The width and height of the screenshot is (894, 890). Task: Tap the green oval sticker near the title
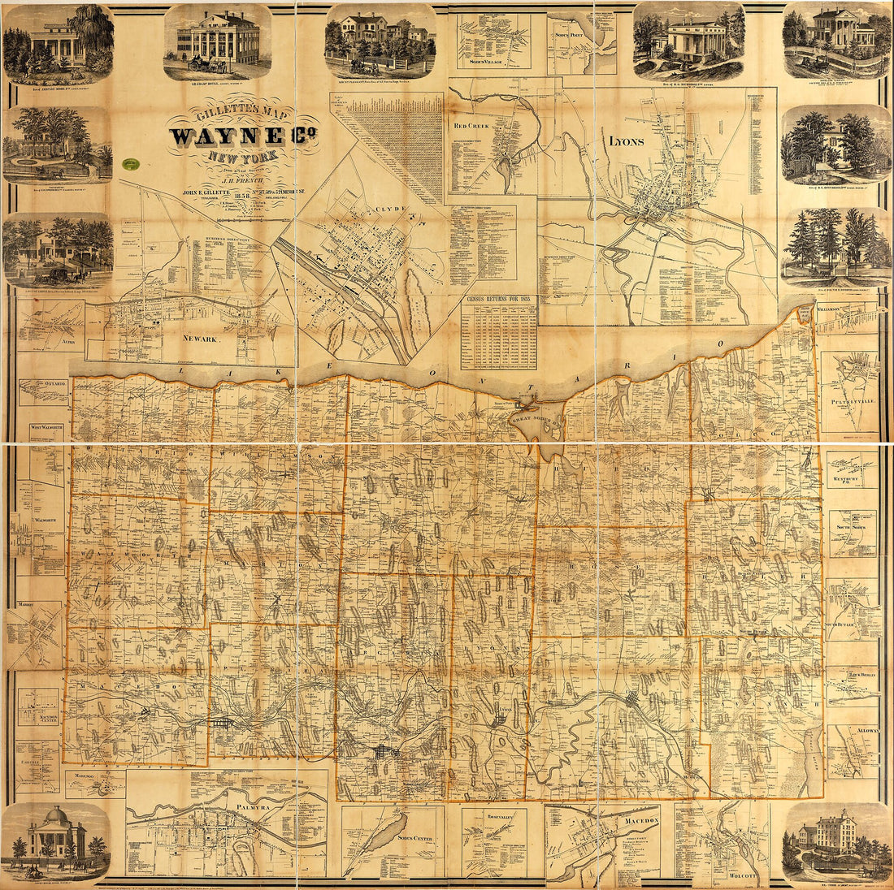[x=128, y=164]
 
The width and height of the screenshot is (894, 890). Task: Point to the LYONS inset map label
[x=626, y=141]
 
